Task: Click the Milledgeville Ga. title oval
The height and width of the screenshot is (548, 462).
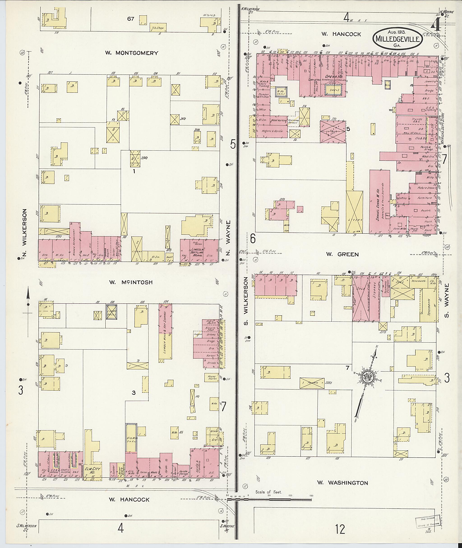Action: point(397,39)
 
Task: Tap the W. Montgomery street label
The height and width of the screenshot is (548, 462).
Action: point(132,53)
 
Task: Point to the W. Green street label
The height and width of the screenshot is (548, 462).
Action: point(342,254)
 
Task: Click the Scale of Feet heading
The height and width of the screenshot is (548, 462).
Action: point(268,492)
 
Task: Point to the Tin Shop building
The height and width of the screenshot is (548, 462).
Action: point(158,28)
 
